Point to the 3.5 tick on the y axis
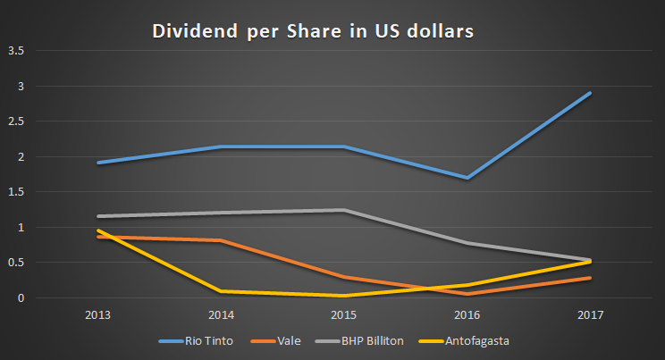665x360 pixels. (15, 51)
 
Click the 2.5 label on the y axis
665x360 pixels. (15, 121)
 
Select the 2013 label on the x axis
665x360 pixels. (98, 315)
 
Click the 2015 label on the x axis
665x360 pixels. (344, 315)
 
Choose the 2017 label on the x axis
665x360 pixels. (590, 315)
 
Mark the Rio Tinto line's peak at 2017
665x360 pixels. (590, 94)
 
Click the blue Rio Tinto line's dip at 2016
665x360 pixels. (467, 178)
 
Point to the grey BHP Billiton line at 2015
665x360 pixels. (344, 210)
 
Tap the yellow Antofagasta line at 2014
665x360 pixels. (221, 291)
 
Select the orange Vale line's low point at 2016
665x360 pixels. (467, 294)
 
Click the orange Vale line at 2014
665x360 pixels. (221, 240)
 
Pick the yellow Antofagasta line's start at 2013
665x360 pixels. (98, 230)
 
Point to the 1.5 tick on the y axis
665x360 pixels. (15, 192)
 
